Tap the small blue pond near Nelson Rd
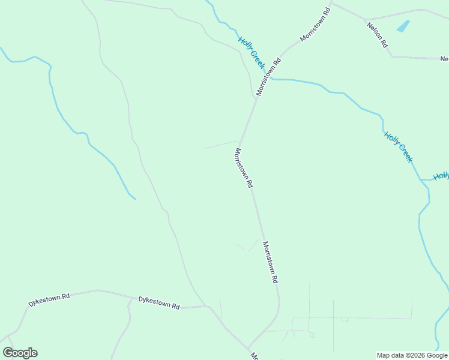pyautogui.click(x=403, y=26)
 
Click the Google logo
pyautogui.click(x=20, y=353)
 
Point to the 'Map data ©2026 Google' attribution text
pyautogui.click(x=412, y=355)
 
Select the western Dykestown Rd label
pyautogui.click(x=49, y=299)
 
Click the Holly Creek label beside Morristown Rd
pyautogui.click(x=251, y=52)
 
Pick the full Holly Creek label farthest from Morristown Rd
pyautogui.click(x=399, y=147)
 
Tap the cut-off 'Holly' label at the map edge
pyautogui.click(x=441, y=176)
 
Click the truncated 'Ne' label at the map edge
pyautogui.click(x=444, y=59)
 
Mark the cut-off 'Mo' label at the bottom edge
pyautogui.click(x=255, y=356)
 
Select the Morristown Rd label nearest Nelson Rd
pyautogui.click(x=315, y=24)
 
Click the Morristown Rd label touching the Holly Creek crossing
pyautogui.click(x=269, y=76)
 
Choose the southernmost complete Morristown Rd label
pyautogui.click(x=270, y=262)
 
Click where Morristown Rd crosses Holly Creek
pyautogui.click(x=269, y=79)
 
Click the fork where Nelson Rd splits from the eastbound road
pyautogui.click(x=366, y=20)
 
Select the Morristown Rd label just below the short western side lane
pyautogui.click(x=243, y=169)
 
